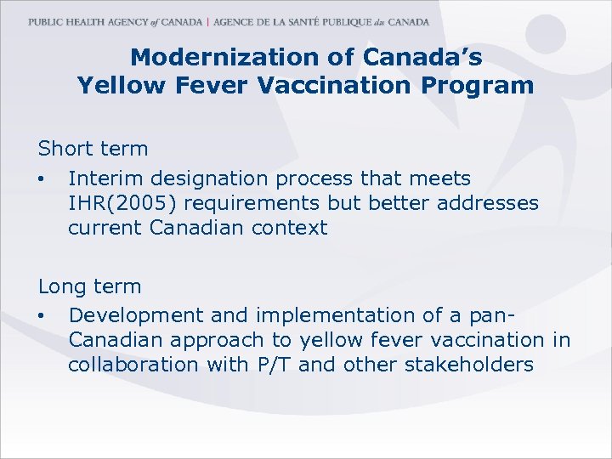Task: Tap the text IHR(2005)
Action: point(119,203)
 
